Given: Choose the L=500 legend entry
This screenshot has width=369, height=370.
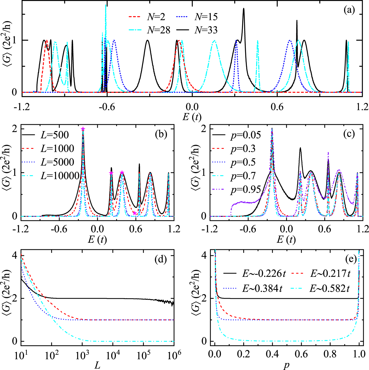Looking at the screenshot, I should [45, 135].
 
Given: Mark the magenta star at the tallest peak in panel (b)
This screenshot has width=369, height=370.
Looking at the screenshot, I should [83, 129].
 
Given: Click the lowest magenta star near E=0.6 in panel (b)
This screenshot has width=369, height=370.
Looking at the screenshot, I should [134, 213].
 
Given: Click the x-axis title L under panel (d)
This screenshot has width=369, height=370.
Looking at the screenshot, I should [97, 365].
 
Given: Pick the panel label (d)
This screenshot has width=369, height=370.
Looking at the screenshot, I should [160, 259].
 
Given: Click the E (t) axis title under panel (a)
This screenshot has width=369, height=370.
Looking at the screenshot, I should [192, 117].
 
